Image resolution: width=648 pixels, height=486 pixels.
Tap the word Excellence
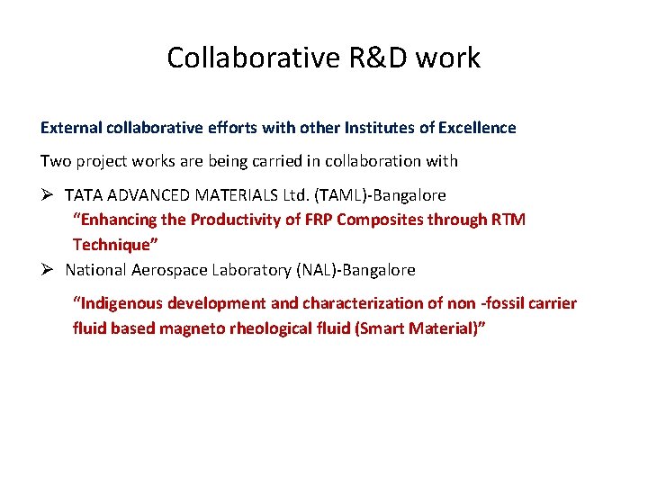[476, 128]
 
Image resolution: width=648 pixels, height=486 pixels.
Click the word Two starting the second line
[54, 161]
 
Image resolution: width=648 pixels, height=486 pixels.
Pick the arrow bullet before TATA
[49, 194]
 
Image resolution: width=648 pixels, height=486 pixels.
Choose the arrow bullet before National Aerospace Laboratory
[49, 270]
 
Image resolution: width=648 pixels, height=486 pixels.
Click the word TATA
[84, 194]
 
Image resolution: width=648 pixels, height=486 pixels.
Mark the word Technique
[112, 245]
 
